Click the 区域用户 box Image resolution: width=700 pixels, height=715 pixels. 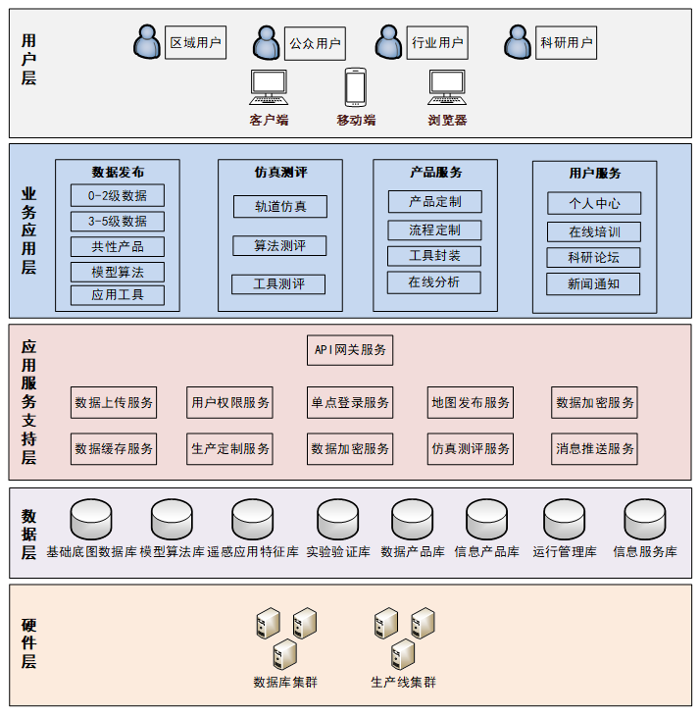tap(195, 43)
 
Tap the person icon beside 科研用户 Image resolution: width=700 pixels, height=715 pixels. tap(518, 43)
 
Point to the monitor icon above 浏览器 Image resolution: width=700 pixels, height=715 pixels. tap(447, 87)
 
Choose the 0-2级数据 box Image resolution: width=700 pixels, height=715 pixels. tap(118, 195)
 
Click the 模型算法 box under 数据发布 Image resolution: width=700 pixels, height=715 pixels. tap(118, 272)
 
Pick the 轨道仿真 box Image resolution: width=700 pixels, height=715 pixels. tap(279, 206)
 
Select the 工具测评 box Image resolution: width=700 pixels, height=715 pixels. tap(278, 284)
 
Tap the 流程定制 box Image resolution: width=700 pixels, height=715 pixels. tap(434, 230)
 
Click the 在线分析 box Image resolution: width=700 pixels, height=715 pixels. tap(434, 282)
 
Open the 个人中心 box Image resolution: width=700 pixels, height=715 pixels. tap(593, 204)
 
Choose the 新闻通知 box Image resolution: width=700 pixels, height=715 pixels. tap(593, 284)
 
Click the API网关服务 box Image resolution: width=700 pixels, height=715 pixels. tap(350, 349)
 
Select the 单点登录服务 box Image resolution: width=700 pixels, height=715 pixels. tap(350, 402)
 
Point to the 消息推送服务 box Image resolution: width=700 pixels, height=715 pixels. tap(595, 448)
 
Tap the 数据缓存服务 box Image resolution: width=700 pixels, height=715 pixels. tap(114, 448)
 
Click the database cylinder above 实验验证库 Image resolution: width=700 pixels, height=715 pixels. tap(338, 519)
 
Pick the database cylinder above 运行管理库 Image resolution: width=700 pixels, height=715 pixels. tap(565, 519)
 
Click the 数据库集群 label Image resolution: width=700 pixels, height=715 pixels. tap(285, 682)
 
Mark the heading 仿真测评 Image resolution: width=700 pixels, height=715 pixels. tap(280, 173)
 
